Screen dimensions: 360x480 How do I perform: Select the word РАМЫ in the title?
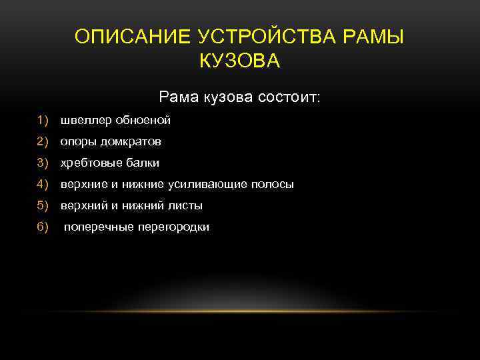378,36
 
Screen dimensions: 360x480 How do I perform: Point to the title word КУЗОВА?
239,61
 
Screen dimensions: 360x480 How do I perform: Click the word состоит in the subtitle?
287,97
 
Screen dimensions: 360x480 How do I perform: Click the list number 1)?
44,121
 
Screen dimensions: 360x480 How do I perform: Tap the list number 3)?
44,163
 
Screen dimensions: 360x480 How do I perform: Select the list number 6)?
44,227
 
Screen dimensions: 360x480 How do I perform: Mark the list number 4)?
44,184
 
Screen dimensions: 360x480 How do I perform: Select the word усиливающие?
211,184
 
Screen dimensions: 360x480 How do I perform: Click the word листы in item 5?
186,205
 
